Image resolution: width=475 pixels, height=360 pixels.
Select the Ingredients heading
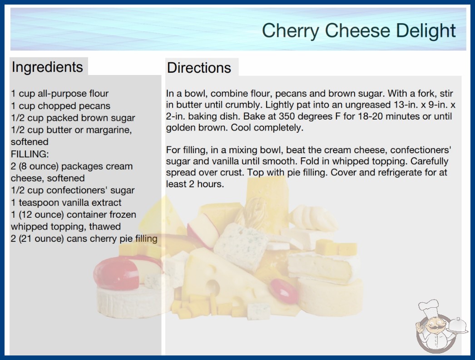[47, 67]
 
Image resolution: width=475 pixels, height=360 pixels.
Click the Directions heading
[199, 68]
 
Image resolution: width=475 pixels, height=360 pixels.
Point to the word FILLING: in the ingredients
[30, 154]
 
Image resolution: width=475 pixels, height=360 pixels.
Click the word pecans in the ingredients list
[94, 106]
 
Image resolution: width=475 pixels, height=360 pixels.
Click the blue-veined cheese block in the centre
[241, 246]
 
